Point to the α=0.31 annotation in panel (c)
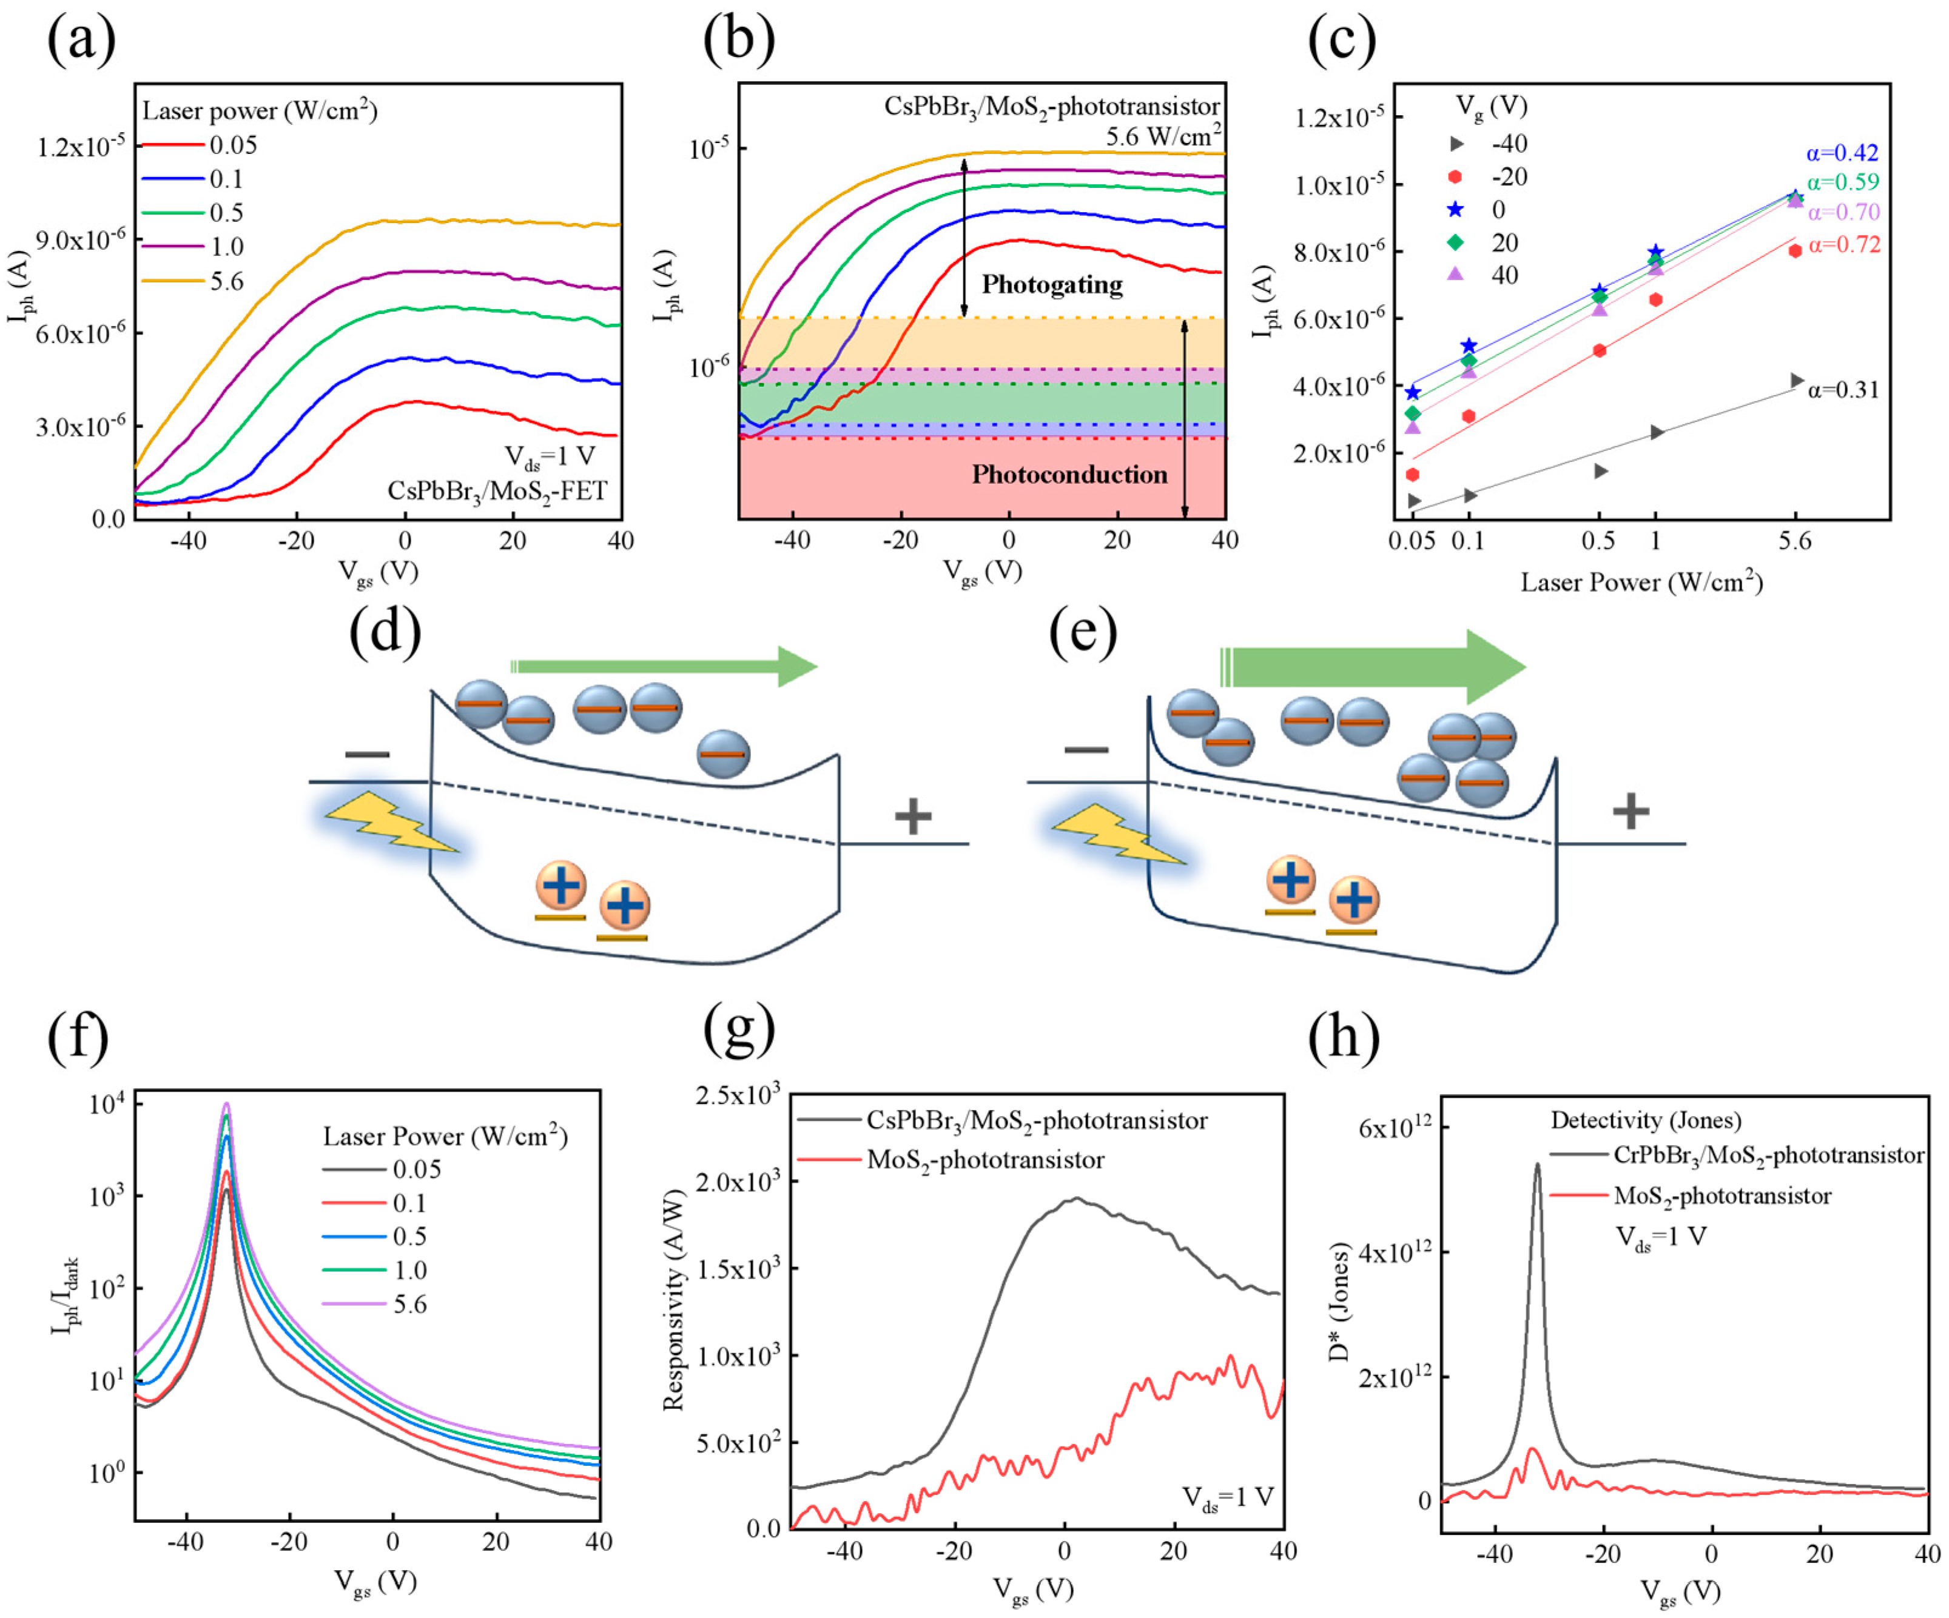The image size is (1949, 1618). click(1842, 390)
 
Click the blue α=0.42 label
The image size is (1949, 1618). click(1842, 153)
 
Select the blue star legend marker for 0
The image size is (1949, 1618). click(1455, 210)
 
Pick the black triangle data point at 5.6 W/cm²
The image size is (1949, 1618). click(1796, 380)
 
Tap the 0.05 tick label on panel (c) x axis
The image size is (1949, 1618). click(1413, 541)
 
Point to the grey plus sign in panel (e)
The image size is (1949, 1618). click(1631, 812)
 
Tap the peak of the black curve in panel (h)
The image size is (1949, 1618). click(1537, 1166)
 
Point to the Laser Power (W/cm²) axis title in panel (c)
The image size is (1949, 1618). click(1641, 583)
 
